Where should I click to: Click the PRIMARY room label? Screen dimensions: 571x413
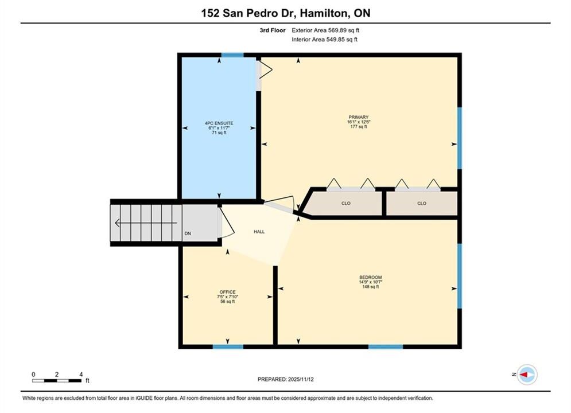click(358, 117)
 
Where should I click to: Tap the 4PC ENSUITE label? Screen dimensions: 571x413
click(219, 123)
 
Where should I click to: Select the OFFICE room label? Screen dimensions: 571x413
click(228, 292)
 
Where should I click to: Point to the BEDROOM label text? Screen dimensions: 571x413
click(370, 277)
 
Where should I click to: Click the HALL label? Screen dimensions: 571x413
click(259, 232)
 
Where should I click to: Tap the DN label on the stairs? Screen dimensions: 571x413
click(188, 233)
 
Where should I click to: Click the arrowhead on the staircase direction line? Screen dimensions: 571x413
click(117, 223)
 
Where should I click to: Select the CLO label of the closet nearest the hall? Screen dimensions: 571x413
click(346, 204)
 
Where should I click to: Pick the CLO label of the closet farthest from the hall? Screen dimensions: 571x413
click(422, 204)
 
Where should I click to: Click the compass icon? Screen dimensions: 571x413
click(527, 375)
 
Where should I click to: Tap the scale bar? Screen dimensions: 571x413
click(57, 381)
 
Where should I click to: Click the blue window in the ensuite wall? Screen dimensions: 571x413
click(232, 55)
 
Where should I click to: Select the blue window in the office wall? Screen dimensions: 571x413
click(228, 347)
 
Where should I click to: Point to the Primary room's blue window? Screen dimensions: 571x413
click(460, 138)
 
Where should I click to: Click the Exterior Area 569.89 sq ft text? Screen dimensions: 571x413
click(325, 30)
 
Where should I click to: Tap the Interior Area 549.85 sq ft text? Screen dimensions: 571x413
click(324, 40)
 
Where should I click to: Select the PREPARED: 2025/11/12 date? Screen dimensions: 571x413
click(286, 379)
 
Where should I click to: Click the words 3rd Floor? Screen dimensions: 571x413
click(273, 30)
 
